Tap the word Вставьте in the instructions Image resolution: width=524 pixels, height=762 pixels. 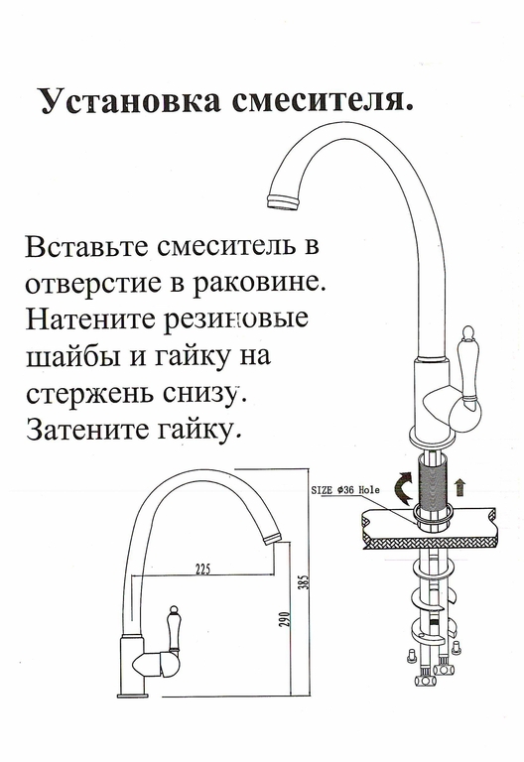click(x=87, y=246)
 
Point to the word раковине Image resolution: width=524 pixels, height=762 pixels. click(x=260, y=283)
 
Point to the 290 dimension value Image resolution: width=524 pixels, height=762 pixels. click(x=286, y=619)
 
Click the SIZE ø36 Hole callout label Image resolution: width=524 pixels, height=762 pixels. click(x=345, y=490)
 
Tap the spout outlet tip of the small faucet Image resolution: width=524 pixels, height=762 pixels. click(x=272, y=538)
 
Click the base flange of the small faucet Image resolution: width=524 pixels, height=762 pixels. click(x=132, y=696)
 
